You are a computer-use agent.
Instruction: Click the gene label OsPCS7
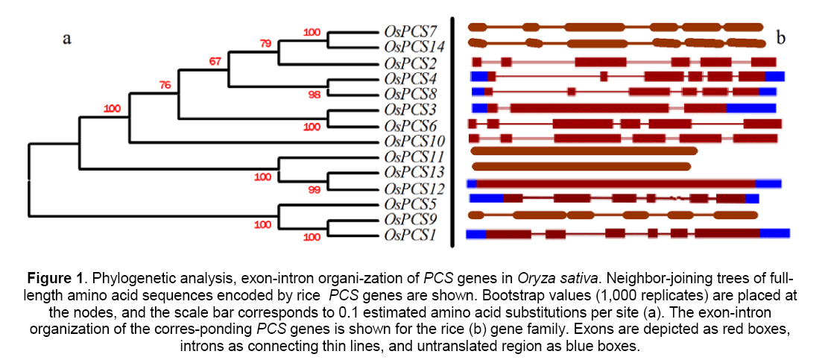click(x=412, y=31)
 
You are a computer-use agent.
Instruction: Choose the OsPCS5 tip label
click(x=412, y=203)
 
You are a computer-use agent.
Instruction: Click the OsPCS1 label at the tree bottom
click(x=412, y=236)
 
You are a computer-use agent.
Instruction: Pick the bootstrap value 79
click(x=266, y=44)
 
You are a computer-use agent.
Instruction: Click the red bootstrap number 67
click(x=215, y=61)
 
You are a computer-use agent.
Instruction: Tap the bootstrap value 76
click(x=165, y=85)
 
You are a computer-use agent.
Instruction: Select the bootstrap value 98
click(x=312, y=95)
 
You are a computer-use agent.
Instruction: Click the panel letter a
click(x=66, y=40)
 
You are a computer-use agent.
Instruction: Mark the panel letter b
click(x=781, y=37)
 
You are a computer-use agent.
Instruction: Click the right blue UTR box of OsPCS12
click(x=768, y=183)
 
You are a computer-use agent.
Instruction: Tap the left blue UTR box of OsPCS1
click(x=475, y=234)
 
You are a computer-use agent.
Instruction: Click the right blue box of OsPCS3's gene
click(x=751, y=108)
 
